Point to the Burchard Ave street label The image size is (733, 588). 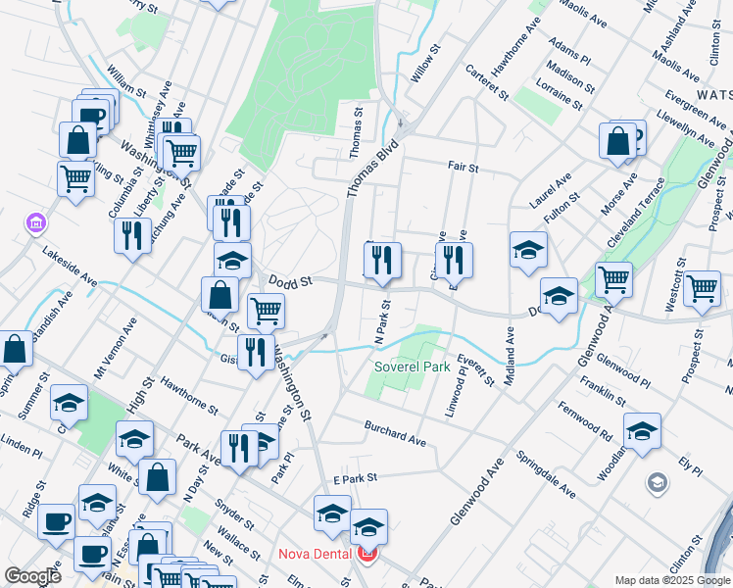click(395, 434)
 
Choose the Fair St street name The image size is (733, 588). click(463, 168)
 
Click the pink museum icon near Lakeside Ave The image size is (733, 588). click(36, 223)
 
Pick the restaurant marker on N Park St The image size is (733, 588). click(381, 259)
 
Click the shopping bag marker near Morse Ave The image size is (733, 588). click(619, 141)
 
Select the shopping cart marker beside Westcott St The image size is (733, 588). click(702, 289)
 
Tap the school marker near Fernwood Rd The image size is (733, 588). click(642, 430)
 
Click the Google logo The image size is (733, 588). click(32, 576)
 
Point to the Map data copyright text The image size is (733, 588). click(671, 580)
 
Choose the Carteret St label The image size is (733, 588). click(487, 82)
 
